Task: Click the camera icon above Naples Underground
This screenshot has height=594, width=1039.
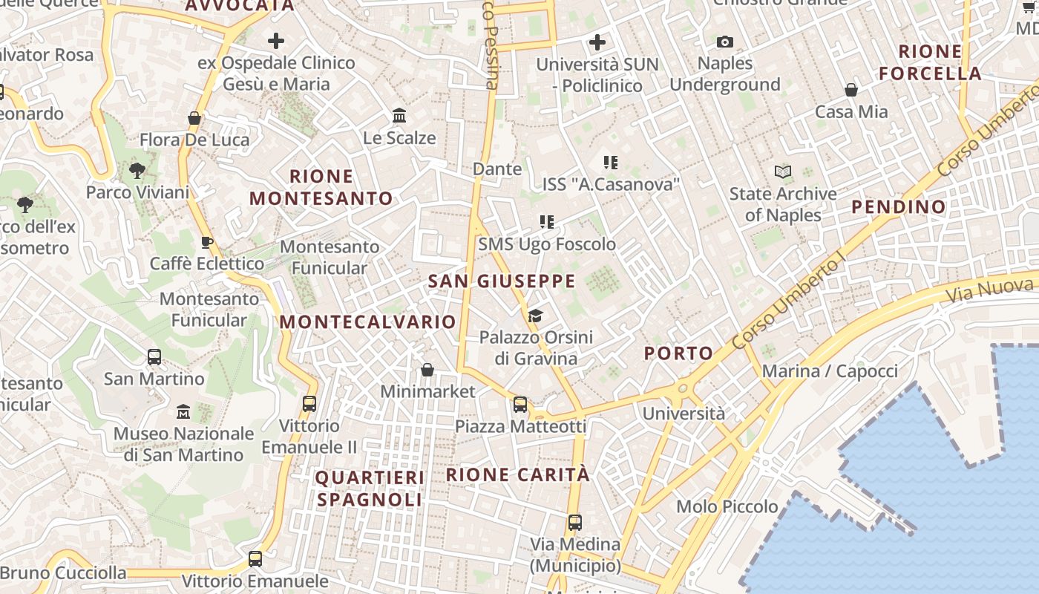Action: click(725, 42)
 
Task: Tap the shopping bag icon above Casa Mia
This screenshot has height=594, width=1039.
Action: click(851, 91)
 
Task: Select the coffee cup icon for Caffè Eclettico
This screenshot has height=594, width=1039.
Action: click(207, 242)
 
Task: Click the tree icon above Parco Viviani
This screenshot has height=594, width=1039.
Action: click(137, 171)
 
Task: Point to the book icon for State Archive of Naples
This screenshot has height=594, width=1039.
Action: click(782, 172)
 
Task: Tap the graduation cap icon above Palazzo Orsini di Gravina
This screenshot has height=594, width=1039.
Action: click(535, 316)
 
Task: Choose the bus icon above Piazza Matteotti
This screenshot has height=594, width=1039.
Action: click(520, 405)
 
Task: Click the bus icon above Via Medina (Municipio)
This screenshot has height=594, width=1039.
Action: click(575, 522)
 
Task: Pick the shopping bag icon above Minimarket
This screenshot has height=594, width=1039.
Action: click(427, 370)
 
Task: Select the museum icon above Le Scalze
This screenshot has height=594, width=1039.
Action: click(399, 116)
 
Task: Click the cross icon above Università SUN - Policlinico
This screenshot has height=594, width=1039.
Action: click(597, 42)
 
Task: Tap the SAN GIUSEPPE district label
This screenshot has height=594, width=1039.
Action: click(502, 281)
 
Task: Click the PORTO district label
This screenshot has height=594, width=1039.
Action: click(678, 353)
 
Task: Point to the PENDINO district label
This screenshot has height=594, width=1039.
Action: click(899, 207)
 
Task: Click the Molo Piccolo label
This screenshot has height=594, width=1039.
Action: click(727, 507)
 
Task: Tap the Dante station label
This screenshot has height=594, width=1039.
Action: click(497, 169)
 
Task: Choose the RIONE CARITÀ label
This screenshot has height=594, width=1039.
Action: click(518, 474)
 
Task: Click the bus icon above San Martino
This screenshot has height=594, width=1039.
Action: click(154, 357)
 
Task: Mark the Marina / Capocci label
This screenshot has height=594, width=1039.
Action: click(830, 371)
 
